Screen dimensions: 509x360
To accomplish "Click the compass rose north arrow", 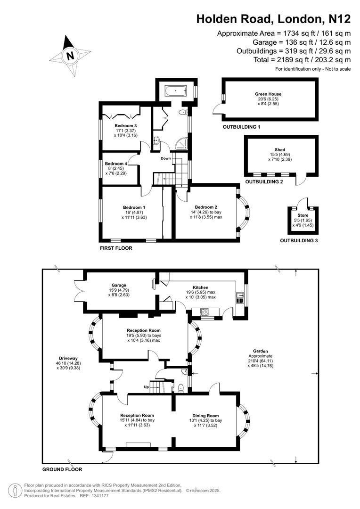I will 70,56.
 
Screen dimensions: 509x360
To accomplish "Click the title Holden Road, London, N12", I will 273,19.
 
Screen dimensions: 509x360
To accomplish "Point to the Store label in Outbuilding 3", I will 303,215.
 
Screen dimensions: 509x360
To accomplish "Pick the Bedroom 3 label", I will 125,126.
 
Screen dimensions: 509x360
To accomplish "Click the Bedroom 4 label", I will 116,164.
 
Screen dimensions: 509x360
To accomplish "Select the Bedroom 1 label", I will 134,207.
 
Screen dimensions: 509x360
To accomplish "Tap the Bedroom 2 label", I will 206,207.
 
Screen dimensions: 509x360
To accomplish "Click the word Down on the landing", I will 165,158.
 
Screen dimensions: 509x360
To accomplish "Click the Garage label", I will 119,285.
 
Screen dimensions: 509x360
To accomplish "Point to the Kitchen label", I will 201,287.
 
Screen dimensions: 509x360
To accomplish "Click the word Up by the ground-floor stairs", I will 147,387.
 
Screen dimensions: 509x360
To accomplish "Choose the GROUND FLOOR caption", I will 62,469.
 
